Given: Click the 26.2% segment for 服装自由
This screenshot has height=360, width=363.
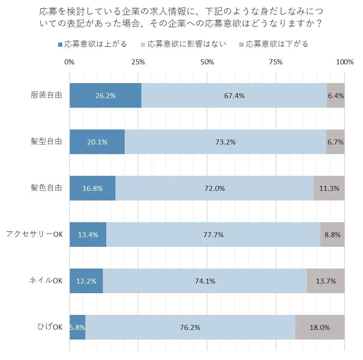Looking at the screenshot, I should (105, 96).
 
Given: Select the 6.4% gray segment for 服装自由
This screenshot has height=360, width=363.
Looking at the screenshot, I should (336, 96).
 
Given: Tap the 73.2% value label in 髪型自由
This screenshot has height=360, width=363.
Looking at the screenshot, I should (225, 142).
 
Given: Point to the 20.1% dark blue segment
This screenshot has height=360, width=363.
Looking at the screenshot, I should (97, 142).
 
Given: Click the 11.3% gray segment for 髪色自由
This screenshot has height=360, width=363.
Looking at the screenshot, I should (329, 188).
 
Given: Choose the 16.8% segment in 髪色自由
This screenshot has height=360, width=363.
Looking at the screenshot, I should (92, 188).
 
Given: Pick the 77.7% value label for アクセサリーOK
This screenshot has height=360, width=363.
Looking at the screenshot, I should (213, 235).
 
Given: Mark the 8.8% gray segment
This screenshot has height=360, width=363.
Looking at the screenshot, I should (332, 235).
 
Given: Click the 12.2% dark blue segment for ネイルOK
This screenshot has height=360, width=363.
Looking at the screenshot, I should (86, 281).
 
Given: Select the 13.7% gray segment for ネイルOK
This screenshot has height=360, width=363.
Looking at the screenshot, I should (326, 281).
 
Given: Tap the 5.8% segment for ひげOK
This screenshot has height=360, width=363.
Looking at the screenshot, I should (77, 327).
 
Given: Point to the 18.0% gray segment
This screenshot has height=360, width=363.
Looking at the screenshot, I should (320, 327).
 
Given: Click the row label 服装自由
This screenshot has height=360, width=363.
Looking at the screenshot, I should (46, 95).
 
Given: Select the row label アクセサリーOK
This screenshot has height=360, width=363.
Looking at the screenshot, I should (34, 234).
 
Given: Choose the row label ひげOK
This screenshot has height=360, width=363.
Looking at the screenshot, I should (50, 327).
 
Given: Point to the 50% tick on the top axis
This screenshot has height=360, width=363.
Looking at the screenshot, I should (207, 62).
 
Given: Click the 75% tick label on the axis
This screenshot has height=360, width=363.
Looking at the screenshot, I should (276, 62).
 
